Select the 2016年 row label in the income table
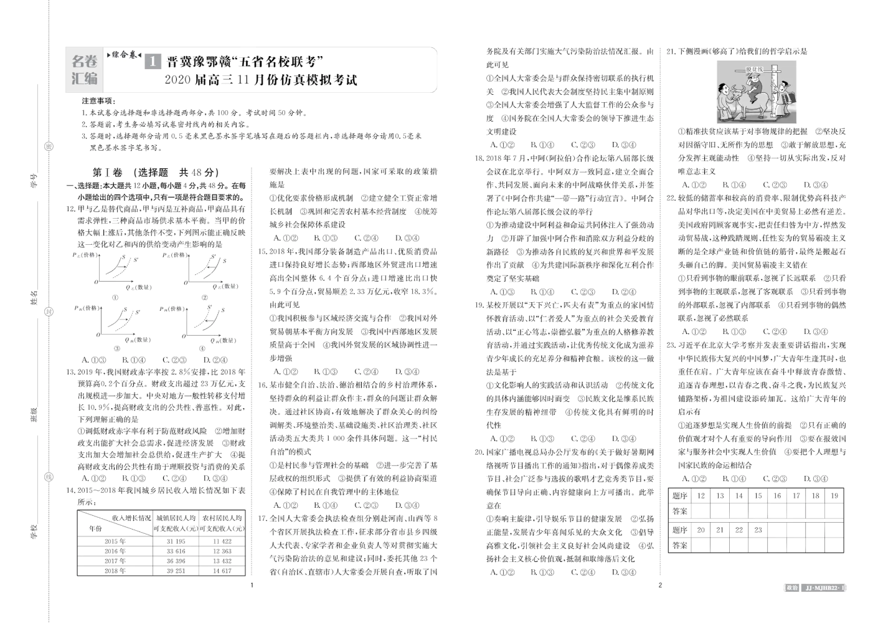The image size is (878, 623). coord(115,551)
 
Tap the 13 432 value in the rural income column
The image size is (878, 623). coord(222,561)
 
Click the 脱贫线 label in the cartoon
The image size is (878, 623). coord(754,69)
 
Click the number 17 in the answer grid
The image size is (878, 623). coord(796,496)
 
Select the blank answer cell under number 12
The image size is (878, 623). coord(701,511)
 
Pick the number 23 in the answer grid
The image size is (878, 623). coord(758,530)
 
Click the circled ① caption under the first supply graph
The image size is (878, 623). coord(115,298)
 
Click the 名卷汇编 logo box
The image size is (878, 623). coord(85,70)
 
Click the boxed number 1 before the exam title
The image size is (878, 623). coord(153,62)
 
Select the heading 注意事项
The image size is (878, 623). coord(98,101)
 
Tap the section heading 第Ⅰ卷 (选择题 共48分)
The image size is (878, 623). coord(155,173)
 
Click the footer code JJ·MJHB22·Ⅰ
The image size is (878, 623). coord(826,587)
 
